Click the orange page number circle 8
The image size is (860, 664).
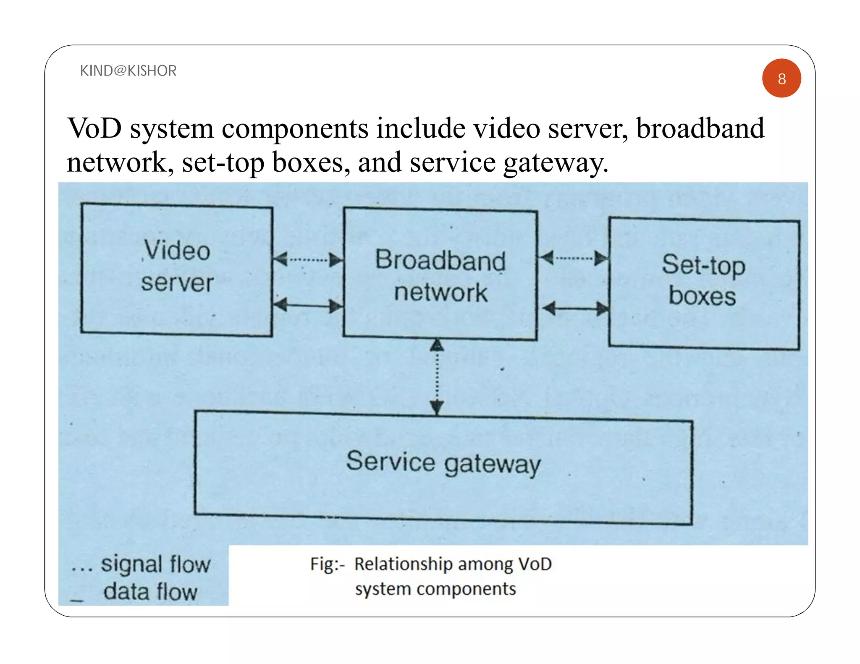(x=781, y=78)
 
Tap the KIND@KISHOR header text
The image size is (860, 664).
(x=128, y=71)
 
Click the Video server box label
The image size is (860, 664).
(x=177, y=267)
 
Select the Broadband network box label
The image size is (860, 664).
(x=440, y=276)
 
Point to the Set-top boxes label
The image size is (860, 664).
(x=703, y=280)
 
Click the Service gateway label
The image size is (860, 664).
(x=443, y=463)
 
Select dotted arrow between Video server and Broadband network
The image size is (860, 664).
(x=308, y=260)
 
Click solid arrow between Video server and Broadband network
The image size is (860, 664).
(x=308, y=306)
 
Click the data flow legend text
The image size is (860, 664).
(x=150, y=592)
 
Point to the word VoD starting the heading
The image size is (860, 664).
(x=94, y=128)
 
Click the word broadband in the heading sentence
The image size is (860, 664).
(x=700, y=128)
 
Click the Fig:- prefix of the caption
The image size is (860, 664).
(x=327, y=564)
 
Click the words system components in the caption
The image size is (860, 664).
(x=435, y=589)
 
